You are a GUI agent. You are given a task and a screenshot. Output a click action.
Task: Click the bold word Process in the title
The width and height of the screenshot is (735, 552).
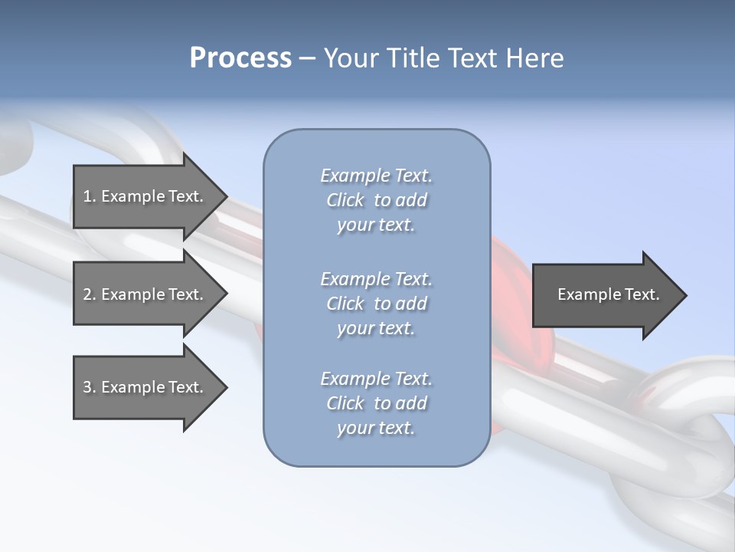[240, 58]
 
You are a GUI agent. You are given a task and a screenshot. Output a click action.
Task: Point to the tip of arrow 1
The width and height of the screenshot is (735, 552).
[226, 196]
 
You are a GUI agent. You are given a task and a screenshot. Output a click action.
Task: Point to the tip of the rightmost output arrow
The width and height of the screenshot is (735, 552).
[685, 295]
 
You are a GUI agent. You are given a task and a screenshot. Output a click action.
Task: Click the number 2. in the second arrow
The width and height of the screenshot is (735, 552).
[89, 294]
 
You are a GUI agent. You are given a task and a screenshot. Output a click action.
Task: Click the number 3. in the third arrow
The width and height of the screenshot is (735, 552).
[89, 387]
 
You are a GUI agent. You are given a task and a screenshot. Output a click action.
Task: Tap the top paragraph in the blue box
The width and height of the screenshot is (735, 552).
[376, 200]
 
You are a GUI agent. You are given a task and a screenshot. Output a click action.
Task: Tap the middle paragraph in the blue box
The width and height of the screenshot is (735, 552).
[376, 304]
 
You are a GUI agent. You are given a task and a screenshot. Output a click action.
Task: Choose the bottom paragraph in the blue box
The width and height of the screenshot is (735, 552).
[376, 403]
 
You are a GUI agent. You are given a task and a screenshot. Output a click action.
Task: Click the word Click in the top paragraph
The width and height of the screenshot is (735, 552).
[345, 200]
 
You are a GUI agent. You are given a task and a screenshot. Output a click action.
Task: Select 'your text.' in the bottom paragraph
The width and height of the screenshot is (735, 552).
[376, 428]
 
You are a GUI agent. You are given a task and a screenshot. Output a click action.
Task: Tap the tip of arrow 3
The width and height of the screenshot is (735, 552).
[226, 387]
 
